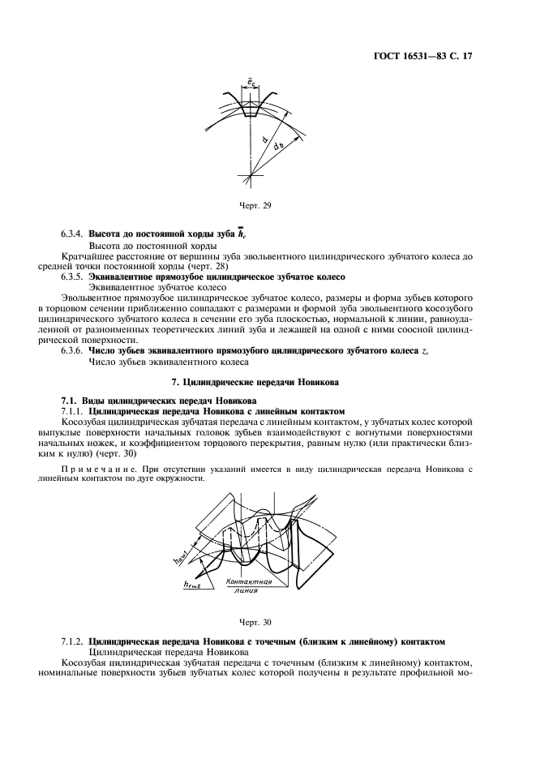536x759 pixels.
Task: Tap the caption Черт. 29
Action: point(255,206)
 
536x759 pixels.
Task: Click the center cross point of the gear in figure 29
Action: point(251,174)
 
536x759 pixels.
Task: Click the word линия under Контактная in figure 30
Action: point(246,591)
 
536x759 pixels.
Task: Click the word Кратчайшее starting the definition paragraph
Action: point(88,255)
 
